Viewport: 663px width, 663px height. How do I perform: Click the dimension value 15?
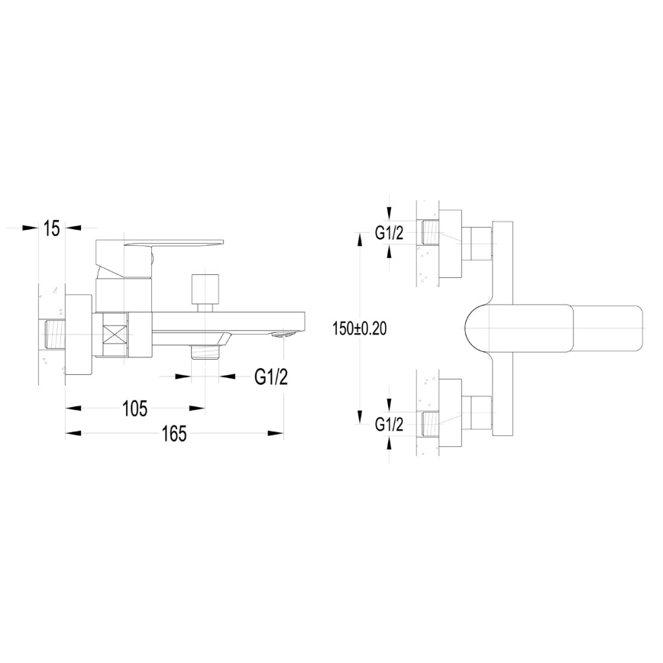(51, 228)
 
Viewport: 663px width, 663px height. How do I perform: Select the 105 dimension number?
(134, 409)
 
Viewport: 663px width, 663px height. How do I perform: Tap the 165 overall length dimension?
(174, 434)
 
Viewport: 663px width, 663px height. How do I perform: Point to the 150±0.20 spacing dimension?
(360, 328)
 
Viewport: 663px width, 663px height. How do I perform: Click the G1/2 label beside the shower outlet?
(271, 377)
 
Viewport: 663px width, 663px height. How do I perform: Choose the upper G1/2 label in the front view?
(389, 234)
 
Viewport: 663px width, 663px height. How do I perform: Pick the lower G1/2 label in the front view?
(389, 425)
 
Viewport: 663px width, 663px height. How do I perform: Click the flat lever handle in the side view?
(176, 244)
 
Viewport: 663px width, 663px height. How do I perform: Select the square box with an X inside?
(113, 335)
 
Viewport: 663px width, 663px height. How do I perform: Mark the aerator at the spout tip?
(283, 334)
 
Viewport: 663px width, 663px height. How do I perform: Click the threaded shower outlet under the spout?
(205, 352)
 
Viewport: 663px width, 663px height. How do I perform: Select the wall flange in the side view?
(78, 335)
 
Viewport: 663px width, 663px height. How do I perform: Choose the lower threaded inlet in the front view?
(432, 423)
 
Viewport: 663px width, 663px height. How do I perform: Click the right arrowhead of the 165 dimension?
(276, 434)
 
